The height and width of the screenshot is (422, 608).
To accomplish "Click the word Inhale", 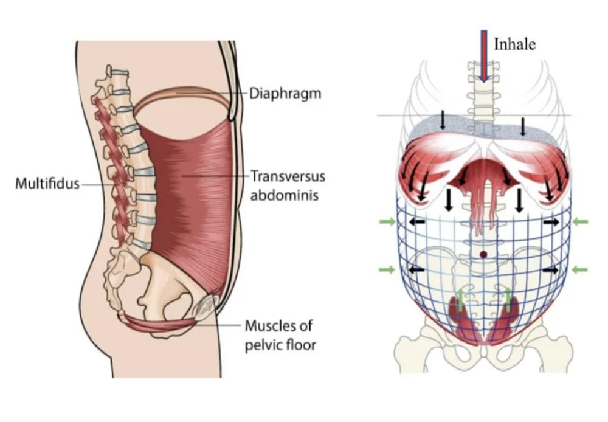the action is tap(514, 44).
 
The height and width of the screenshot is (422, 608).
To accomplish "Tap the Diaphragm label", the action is tap(285, 94).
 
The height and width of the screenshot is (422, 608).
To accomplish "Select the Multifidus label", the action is tap(47, 182).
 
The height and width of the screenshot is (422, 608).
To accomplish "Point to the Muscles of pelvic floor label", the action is tap(280, 336).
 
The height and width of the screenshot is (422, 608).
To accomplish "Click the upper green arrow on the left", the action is tap(387, 223).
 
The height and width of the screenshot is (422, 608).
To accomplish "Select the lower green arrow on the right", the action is tap(580, 269).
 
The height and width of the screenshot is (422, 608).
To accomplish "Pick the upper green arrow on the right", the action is tap(580, 223).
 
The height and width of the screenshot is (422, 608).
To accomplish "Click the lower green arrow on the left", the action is tap(387, 269).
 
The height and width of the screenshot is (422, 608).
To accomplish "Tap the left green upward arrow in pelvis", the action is tap(460, 300).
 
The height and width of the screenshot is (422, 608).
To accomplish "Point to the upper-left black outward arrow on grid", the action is tap(416, 223).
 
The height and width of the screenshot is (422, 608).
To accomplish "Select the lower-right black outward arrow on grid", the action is tap(551, 269).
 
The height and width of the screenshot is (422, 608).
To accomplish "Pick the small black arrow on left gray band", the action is tap(443, 122).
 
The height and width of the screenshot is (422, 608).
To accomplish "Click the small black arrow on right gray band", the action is tap(523, 126).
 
